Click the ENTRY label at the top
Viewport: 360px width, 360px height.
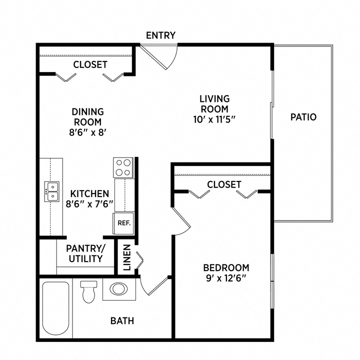(x=160, y=35)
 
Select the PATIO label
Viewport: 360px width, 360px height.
(x=303, y=117)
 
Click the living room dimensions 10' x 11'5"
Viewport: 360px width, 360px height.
(x=214, y=119)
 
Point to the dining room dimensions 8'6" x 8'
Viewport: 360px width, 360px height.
(x=88, y=132)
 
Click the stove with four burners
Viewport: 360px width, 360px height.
(x=122, y=167)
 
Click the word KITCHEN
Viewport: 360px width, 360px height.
(x=89, y=193)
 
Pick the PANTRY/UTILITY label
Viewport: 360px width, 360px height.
(x=85, y=253)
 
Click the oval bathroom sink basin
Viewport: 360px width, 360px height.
(x=119, y=289)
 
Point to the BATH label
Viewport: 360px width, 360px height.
(x=122, y=320)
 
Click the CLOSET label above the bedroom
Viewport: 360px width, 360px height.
(x=224, y=184)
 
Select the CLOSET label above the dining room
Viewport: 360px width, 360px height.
(x=90, y=64)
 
